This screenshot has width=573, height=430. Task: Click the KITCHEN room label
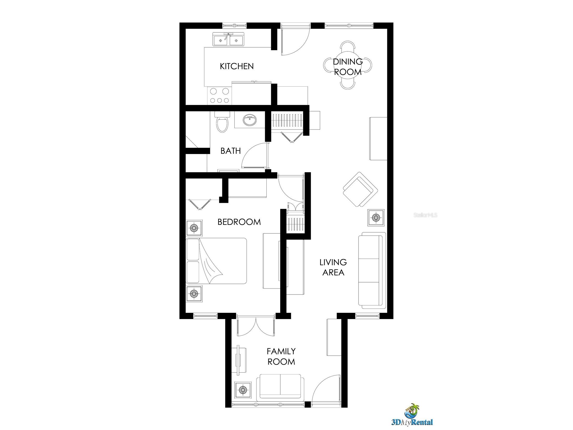(x=237, y=66)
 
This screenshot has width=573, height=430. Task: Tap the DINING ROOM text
(x=348, y=67)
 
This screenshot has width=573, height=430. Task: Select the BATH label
(x=230, y=151)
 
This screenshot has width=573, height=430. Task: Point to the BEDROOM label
(x=239, y=222)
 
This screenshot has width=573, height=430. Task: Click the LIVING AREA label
(x=333, y=267)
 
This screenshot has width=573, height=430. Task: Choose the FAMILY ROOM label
(x=281, y=356)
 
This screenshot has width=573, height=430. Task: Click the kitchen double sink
(x=229, y=40)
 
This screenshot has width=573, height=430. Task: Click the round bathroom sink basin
(x=250, y=121)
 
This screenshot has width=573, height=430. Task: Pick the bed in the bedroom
(x=216, y=261)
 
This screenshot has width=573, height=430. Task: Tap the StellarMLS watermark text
(x=425, y=215)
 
